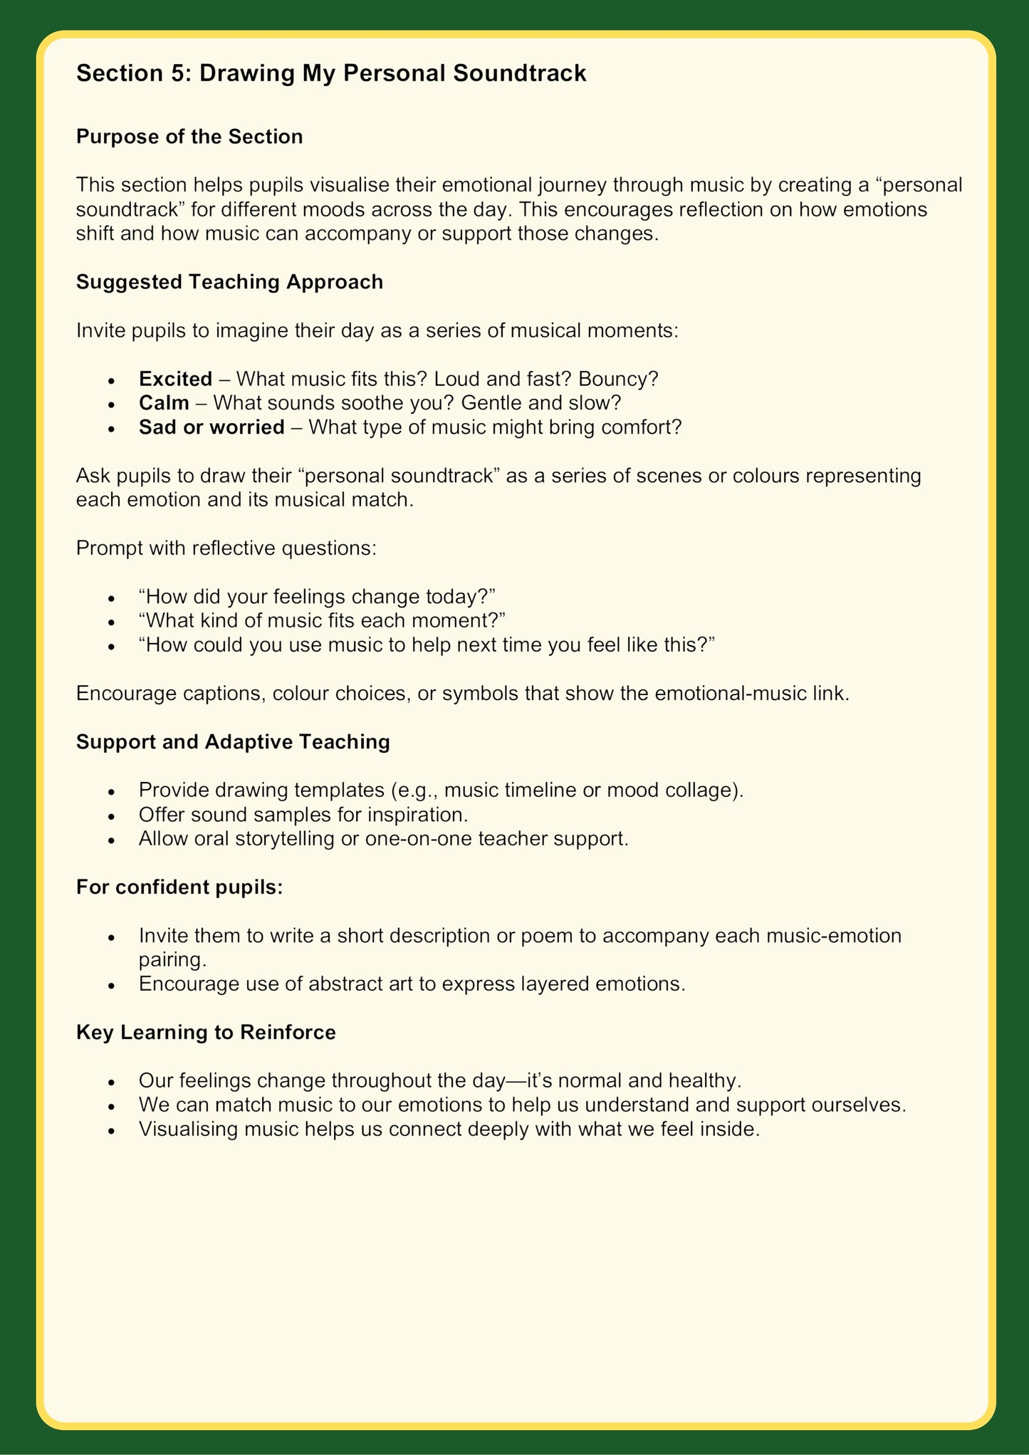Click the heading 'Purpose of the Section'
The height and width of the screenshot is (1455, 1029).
click(189, 137)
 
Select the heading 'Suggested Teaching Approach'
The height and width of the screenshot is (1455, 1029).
click(229, 282)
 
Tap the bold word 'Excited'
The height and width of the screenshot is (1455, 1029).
click(175, 379)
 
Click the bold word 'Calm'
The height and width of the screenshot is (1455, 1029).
click(164, 403)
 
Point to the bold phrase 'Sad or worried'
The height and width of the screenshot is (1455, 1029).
click(211, 427)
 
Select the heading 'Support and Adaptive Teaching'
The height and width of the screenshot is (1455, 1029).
click(233, 742)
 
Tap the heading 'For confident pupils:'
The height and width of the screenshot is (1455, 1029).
click(179, 887)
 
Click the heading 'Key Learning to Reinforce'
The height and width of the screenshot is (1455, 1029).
click(206, 1033)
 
